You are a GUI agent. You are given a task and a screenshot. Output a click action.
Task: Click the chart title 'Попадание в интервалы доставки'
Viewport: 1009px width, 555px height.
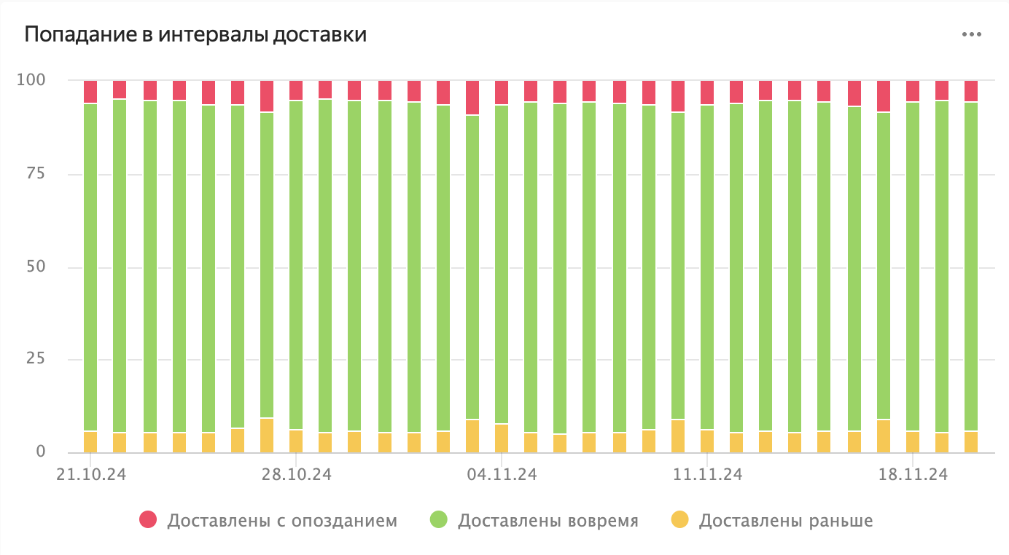pyautogui.click(x=195, y=35)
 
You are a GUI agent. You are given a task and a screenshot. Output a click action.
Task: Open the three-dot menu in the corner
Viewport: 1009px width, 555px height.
pyautogui.click(x=971, y=34)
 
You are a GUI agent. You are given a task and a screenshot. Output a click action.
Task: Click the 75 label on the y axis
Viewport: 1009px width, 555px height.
pyautogui.click(x=34, y=173)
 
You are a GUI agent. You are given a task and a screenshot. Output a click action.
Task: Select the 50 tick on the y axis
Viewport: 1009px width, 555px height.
pyautogui.click(x=34, y=267)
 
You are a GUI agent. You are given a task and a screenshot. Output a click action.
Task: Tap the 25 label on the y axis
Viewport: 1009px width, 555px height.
pyautogui.click(x=34, y=359)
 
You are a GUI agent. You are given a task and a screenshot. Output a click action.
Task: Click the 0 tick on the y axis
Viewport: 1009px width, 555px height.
pyautogui.click(x=40, y=452)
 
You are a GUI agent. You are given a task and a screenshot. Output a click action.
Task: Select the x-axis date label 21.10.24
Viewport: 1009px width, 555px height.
pyautogui.click(x=91, y=474)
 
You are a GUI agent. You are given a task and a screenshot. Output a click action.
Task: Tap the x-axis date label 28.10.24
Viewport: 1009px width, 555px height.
pyautogui.click(x=297, y=474)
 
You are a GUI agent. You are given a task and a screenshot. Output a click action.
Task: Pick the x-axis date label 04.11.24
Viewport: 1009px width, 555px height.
pyautogui.click(x=502, y=474)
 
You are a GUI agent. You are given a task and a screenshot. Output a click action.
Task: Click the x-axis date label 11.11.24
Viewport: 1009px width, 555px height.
pyautogui.click(x=708, y=474)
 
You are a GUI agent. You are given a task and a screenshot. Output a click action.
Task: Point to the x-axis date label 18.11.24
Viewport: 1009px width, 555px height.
pyautogui.click(x=913, y=474)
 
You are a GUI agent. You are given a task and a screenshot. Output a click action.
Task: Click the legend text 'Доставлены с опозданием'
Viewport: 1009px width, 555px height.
pyautogui.click(x=282, y=521)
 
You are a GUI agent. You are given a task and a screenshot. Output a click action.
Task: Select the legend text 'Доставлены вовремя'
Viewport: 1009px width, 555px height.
pyautogui.click(x=548, y=521)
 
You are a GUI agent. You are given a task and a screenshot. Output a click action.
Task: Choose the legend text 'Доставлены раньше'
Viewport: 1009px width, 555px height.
pyautogui.click(x=785, y=521)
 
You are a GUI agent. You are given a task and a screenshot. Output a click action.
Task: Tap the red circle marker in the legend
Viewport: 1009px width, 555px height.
pyautogui.click(x=149, y=520)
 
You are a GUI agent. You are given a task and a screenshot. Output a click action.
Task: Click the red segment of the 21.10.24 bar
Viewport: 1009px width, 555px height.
pyautogui.click(x=90, y=92)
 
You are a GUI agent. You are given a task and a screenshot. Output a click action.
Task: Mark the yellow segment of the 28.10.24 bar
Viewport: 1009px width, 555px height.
pyautogui.click(x=296, y=441)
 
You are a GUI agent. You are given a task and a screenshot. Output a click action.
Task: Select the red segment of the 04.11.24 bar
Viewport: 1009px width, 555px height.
pyautogui.click(x=502, y=92)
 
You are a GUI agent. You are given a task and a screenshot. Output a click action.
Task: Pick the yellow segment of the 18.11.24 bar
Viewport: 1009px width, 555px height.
pyautogui.click(x=913, y=441)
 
